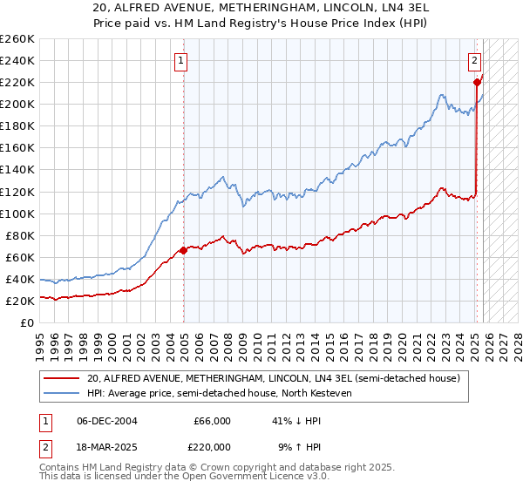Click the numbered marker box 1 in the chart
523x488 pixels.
(180, 61)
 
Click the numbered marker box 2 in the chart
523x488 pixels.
(474, 61)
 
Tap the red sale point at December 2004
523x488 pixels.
(184, 250)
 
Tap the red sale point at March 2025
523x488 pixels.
(478, 82)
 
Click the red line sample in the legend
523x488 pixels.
(62, 378)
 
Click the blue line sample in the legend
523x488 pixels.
(62, 393)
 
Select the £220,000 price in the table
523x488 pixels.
(212, 446)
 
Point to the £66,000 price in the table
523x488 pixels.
(212, 421)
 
